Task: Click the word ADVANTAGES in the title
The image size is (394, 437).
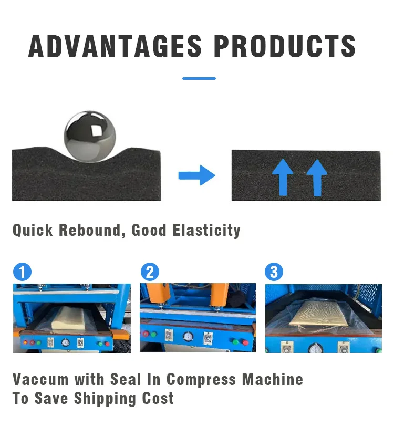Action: click(x=115, y=46)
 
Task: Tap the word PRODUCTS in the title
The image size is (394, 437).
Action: click(x=285, y=46)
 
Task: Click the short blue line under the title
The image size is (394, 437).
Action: click(x=199, y=79)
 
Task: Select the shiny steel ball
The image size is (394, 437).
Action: click(x=90, y=136)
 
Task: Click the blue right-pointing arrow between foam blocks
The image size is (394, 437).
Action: click(x=196, y=175)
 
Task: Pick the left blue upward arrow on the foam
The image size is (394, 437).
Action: click(x=283, y=178)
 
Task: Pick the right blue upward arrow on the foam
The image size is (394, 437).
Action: click(x=317, y=178)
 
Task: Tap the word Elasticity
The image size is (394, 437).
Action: click(x=206, y=231)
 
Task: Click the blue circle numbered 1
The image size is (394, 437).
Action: click(x=22, y=272)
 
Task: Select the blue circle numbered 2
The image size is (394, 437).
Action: click(x=150, y=272)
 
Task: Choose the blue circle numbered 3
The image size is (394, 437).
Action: click(x=274, y=272)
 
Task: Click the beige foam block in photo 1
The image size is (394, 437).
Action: click(x=69, y=318)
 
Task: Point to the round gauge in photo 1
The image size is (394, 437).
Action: click(x=65, y=342)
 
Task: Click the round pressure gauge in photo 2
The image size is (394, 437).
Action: click(x=188, y=336)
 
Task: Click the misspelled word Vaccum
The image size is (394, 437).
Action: click(x=40, y=379)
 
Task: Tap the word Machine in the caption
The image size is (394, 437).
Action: click(x=273, y=379)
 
